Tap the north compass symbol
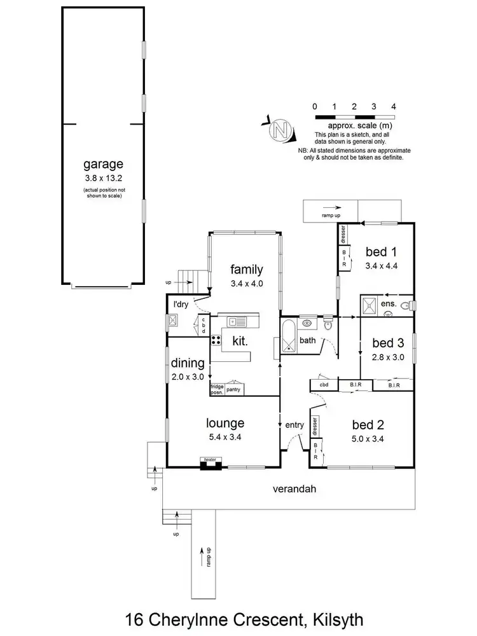[279, 130]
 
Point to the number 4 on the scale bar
[394, 107]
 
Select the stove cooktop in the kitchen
[215, 340]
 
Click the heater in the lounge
[210, 462]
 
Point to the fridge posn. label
[218, 389]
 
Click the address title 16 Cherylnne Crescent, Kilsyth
[238, 618]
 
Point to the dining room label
[188, 364]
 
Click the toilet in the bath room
[328, 325]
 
